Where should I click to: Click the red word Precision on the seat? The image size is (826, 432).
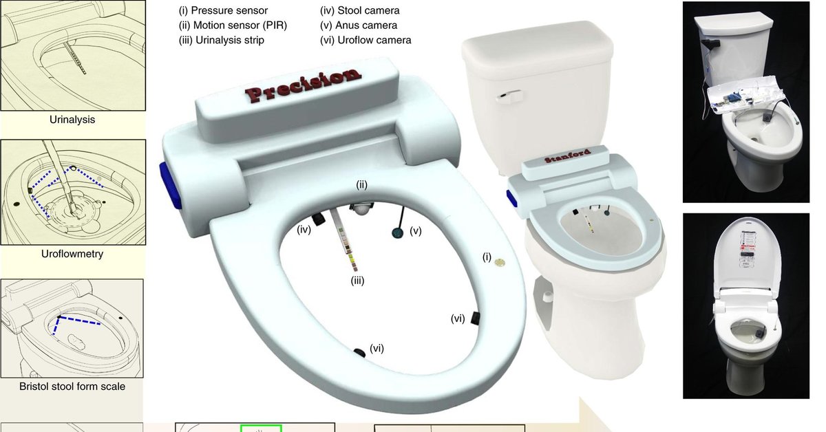303,85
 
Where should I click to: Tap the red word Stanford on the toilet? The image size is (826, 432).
567,156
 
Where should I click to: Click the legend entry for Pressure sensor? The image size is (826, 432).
223,10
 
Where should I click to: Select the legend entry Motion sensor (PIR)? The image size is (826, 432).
233,25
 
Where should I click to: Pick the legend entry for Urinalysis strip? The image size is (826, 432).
221,40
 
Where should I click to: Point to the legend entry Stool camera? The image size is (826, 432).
359,10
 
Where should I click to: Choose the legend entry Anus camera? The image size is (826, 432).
359,25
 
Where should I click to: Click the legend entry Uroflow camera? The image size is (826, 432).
366,40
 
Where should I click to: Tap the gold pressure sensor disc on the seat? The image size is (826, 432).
500,263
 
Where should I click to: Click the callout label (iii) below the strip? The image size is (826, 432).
357,281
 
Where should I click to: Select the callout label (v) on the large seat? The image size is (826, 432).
416,230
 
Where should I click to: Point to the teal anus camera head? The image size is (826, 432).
397,233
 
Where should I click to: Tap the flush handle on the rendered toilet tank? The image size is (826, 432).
509,96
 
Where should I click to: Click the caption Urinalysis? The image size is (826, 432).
72,120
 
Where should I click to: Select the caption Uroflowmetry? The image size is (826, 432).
72,254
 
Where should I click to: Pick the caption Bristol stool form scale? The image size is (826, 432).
72,387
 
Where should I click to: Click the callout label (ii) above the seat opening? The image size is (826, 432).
362,184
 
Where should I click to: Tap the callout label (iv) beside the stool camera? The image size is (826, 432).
304,230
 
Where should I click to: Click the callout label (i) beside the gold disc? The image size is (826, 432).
487,257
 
